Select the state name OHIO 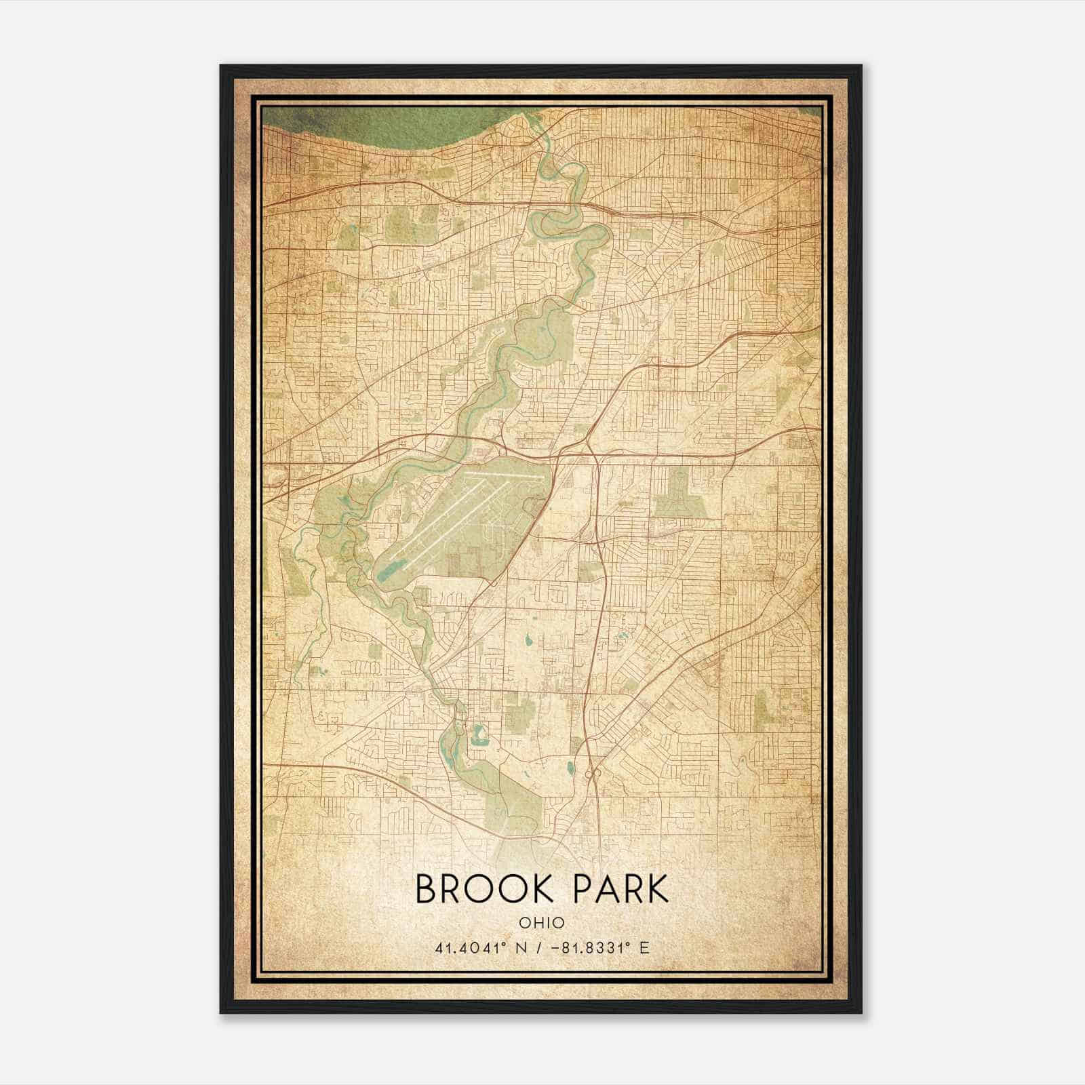coord(542,923)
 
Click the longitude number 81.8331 coord(597,947)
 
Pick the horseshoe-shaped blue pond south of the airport coord(479,734)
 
